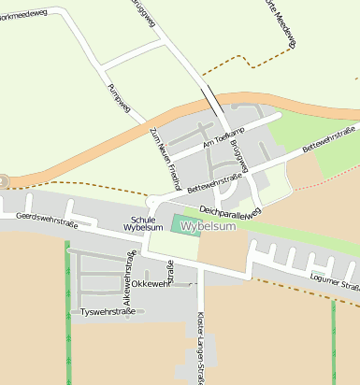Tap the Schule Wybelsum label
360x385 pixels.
click(x=143, y=223)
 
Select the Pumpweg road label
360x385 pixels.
click(x=118, y=99)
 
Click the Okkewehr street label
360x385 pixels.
click(x=151, y=283)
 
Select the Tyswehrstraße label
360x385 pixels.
click(x=108, y=311)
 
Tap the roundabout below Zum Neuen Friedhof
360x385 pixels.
click(x=152, y=201)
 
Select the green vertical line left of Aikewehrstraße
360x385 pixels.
click(x=67, y=308)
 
